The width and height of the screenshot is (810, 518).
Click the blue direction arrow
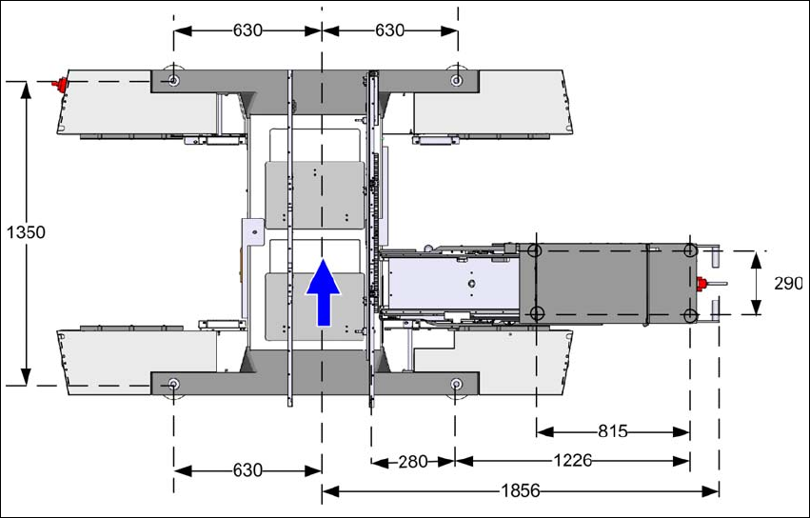[324, 292]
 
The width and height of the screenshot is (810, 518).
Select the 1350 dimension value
[26, 232]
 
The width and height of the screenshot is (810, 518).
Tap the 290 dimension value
[788, 283]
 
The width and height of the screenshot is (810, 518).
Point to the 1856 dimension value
[521, 490]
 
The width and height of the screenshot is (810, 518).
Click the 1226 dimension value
[572, 460]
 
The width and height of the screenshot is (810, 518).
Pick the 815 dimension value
[613, 430]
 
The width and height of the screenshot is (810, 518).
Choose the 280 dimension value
[413, 461]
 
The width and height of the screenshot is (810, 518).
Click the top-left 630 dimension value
[247, 30]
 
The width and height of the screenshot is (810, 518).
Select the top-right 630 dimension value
[389, 30]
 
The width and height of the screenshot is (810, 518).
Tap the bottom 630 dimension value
[247, 470]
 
